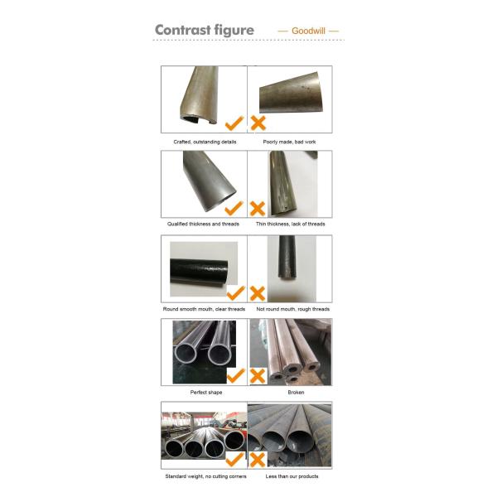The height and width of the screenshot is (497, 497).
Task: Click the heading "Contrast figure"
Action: click(x=205, y=31)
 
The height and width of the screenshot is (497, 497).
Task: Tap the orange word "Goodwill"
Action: click(x=308, y=31)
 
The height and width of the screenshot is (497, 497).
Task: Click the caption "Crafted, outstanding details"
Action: click(x=205, y=142)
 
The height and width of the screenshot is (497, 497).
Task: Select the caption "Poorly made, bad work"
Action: click(x=289, y=142)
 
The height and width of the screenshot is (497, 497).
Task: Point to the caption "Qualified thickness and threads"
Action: click(x=203, y=224)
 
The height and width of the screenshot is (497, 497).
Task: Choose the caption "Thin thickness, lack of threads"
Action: click(x=291, y=224)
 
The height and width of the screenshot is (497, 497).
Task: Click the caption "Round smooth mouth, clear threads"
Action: click(x=204, y=309)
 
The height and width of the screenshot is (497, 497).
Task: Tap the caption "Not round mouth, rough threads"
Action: click(x=293, y=309)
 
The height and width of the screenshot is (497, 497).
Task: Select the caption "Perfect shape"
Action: click(x=206, y=392)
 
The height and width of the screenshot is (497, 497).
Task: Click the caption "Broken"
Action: click(x=296, y=392)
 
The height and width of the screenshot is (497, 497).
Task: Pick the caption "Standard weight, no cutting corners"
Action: click(x=205, y=476)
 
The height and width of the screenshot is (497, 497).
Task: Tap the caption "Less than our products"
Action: click(x=292, y=476)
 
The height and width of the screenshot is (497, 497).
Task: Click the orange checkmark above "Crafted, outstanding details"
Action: click(x=234, y=123)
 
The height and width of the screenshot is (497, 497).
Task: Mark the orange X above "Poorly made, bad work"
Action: click(x=258, y=123)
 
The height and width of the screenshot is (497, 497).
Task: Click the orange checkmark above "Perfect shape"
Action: click(x=236, y=375)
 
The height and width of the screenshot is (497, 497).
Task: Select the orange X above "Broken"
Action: click(x=258, y=376)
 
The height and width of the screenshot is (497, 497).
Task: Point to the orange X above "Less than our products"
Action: click(x=258, y=460)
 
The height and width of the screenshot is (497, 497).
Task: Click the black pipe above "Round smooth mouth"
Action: click(x=199, y=272)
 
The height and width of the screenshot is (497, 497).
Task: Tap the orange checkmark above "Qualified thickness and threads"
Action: click(x=234, y=208)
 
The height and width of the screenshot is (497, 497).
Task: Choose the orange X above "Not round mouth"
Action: click(x=258, y=293)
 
